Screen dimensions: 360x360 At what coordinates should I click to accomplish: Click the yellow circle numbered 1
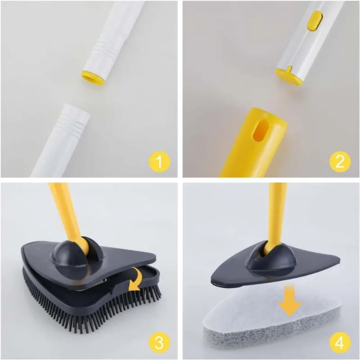[x=161, y=161]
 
